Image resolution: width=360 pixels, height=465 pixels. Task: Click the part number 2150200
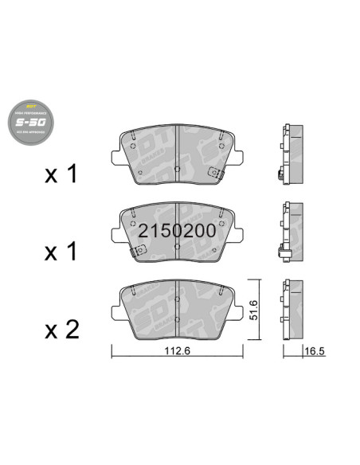(x=176, y=231)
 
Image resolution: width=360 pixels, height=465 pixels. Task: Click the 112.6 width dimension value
(x=175, y=346)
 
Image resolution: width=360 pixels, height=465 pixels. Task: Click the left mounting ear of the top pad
(x=115, y=154)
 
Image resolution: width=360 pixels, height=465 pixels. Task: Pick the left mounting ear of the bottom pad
(x=115, y=310)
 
